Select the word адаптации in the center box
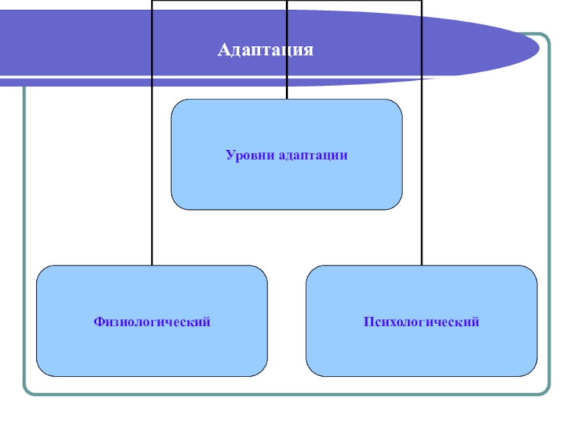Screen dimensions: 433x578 pyautogui.click(x=311, y=155)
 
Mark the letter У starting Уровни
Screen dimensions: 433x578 pyautogui.click(x=229, y=155)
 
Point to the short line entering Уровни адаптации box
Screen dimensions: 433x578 pyautogui.click(x=287, y=92)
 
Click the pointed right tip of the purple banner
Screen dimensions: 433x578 pyautogui.click(x=538, y=49)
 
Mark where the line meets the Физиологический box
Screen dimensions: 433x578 pyautogui.click(x=152, y=266)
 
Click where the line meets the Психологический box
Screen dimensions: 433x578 pyautogui.click(x=422, y=266)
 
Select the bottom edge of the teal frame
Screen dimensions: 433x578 pyautogui.click(x=289, y=394)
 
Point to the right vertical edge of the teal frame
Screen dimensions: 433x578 pyautogui.click(x=548, y=216)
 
